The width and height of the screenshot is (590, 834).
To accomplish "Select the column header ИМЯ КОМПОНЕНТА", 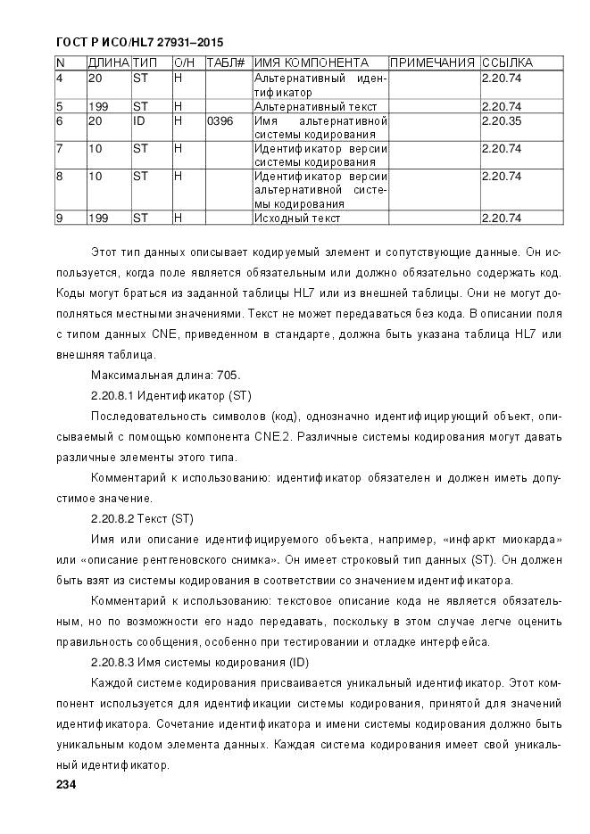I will tap(312, 63).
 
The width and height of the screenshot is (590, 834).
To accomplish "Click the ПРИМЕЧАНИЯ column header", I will tap(433, 63).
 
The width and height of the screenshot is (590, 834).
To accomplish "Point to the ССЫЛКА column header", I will tap(507, 63).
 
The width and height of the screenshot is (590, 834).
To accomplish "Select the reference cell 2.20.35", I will tap(501, 120).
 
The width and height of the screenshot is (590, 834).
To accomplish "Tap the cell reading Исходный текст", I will tap(291, 218).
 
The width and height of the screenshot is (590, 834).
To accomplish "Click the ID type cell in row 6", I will tap(139, 120).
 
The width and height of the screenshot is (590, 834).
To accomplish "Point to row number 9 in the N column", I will tap(59, 218).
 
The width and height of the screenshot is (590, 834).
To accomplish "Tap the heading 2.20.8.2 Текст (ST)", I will tap(142, 518).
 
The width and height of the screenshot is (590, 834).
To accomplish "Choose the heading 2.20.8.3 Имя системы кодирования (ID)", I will tap(200, 663).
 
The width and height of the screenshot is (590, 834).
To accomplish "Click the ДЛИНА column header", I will tap(107, 63).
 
